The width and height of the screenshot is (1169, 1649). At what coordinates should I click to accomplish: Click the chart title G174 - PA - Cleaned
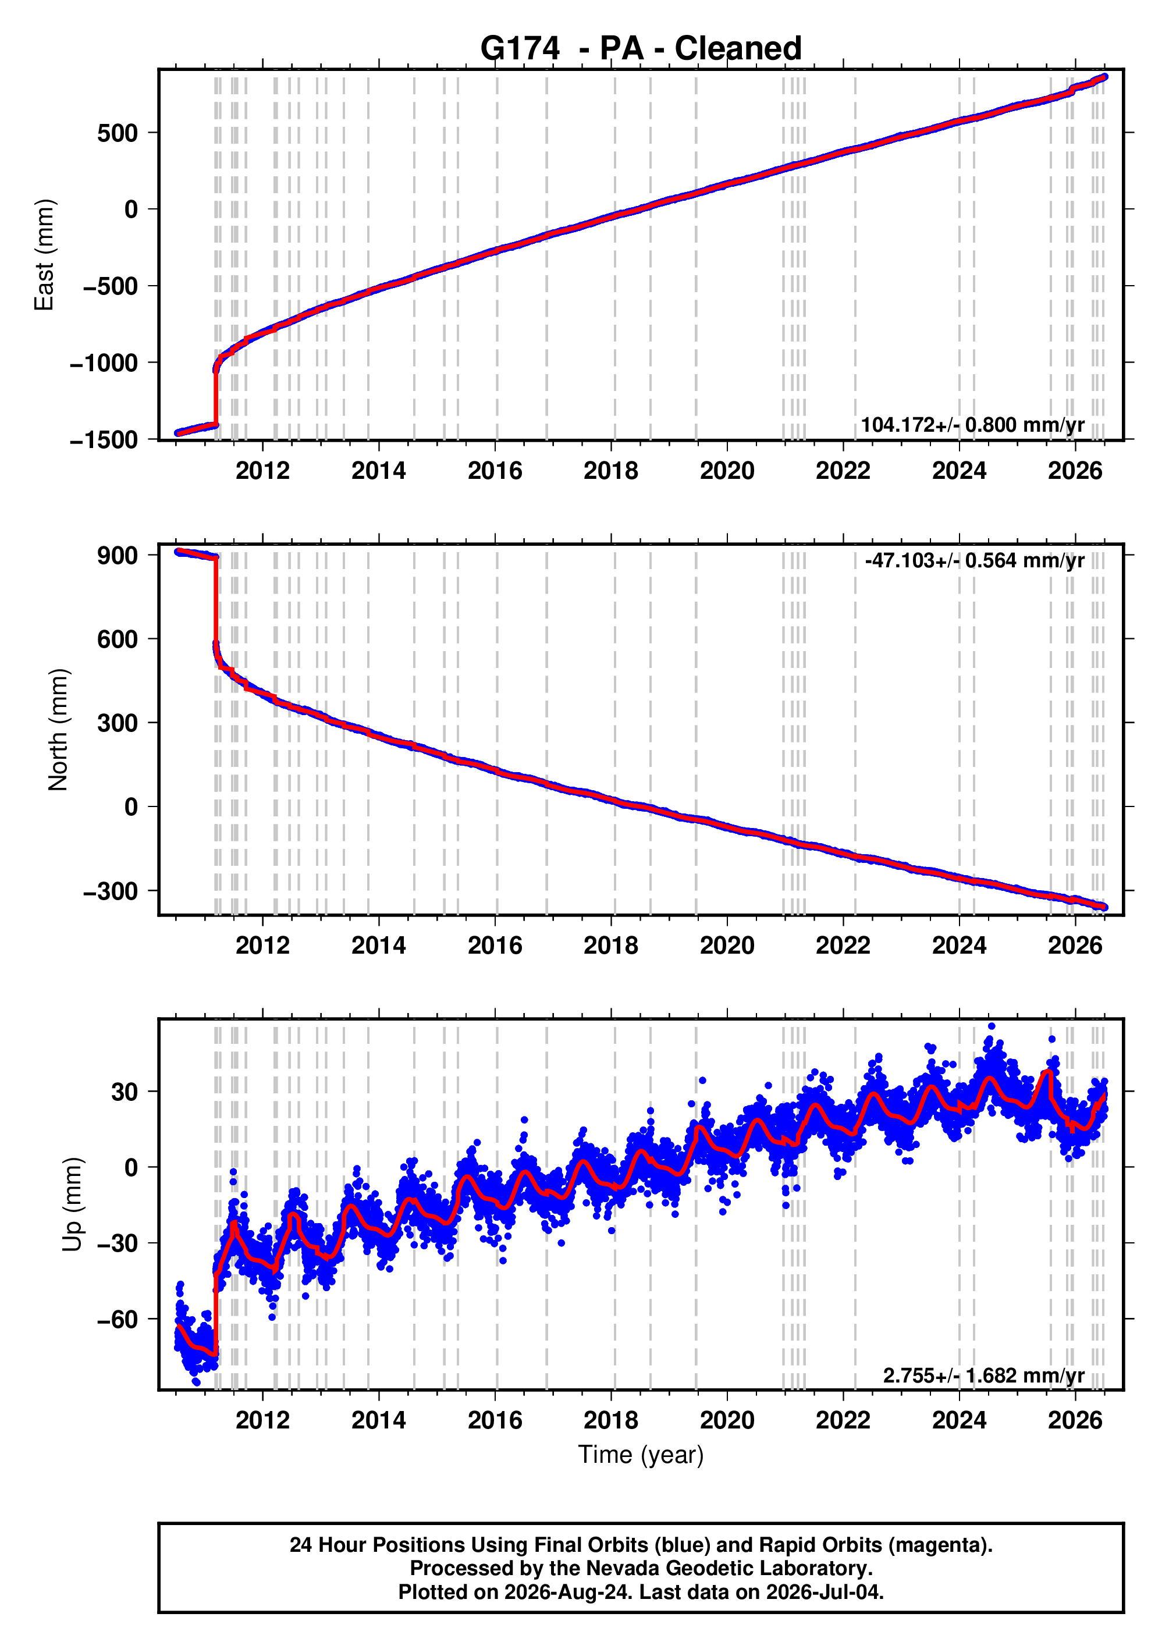pos(641,48)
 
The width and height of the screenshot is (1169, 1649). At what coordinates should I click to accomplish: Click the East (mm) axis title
pos(44,255)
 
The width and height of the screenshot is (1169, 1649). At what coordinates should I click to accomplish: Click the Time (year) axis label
pos(641,1455)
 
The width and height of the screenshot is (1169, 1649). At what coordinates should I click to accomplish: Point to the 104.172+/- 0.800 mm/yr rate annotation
pos(972,425)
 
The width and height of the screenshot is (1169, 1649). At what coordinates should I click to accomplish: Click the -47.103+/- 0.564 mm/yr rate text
pos(975,561)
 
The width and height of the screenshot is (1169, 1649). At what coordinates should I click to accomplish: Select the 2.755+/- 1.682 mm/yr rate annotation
pos(983,1376)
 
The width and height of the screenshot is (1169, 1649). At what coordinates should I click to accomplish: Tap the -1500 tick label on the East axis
pos(104,440)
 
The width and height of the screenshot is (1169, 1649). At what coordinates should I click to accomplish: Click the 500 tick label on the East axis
pos(118,133)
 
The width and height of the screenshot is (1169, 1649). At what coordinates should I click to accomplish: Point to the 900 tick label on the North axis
pos(118,555)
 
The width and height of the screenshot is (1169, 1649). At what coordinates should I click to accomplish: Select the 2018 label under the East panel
pos(611,471)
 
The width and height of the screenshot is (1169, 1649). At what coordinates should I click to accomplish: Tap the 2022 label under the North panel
pos(843,945)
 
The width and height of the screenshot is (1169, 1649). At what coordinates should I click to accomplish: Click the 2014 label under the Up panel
pos(379,1420)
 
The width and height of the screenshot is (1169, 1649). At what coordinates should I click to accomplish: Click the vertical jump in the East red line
pos(216,397)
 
